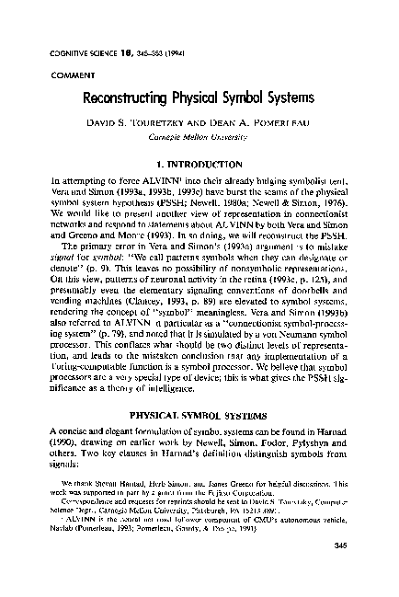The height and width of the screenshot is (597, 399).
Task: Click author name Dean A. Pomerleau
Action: [x=268, y=122]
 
